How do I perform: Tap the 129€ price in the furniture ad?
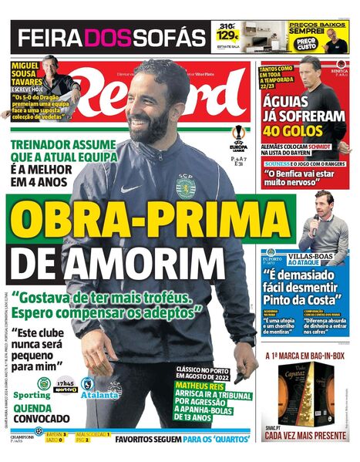[x=227, y=35]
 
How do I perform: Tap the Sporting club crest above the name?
[x=45, y=383]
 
